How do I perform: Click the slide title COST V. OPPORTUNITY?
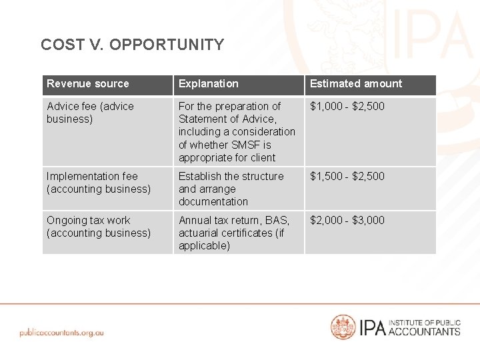[132, 45]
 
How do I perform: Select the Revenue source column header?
[87, 84]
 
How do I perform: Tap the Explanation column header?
[208, 84]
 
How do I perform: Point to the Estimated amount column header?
[356, 84]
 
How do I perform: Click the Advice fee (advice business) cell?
[90, 113]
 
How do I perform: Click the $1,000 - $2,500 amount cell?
[347, 106]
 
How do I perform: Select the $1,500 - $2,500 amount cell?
[347, 177]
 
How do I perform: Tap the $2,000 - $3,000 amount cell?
[347, 221]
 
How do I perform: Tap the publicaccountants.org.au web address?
[62, 332]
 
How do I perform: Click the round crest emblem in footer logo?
[343, 327]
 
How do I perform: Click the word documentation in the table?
[213, 202]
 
